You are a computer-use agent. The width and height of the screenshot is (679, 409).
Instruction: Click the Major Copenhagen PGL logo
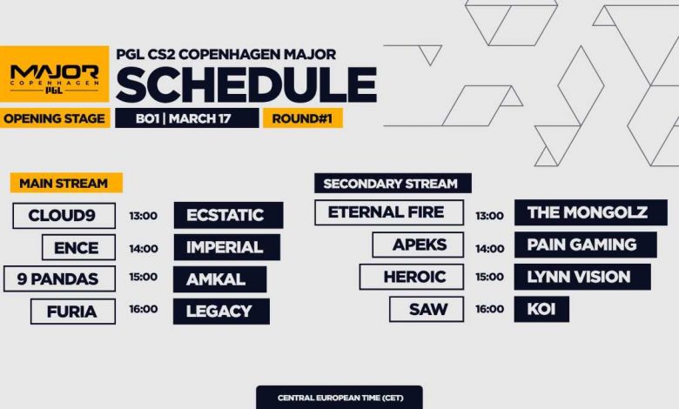tap(54, 75)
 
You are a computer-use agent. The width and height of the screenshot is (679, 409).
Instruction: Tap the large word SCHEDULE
tap(246, 84)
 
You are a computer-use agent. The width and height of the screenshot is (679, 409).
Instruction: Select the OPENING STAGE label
tap(54, 118)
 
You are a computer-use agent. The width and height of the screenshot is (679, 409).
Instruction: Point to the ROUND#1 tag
tap(302, 118)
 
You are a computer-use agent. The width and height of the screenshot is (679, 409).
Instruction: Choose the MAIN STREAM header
tap(64, 184)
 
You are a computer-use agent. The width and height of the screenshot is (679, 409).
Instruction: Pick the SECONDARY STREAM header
tap(391, 184)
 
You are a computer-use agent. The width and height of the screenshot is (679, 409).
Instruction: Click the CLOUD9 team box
tap(64, 215)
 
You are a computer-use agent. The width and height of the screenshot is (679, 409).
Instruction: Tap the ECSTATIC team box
tap(228, 215)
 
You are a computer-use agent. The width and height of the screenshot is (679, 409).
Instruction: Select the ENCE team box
tap(78, 247)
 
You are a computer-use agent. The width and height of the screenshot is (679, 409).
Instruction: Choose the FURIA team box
tap(72, 311)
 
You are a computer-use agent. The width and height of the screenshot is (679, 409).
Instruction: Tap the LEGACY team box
tap(220, 311)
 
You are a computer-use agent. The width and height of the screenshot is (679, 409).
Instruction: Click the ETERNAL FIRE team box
tap(386, 212)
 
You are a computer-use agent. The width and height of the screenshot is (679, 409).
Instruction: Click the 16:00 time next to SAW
tap(489, 309)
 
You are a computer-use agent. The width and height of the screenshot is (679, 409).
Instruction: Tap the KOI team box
tap(541, 309)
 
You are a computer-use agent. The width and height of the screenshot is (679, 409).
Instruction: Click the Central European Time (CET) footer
tap(339, 398)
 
